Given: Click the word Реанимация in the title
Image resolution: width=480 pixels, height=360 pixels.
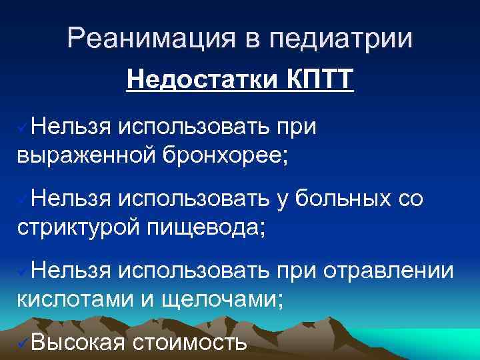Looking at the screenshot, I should pos(149,39).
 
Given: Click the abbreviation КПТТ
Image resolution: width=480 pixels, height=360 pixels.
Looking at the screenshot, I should pos(317,82).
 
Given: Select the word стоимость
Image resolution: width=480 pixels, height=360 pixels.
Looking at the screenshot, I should pos(191,344).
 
